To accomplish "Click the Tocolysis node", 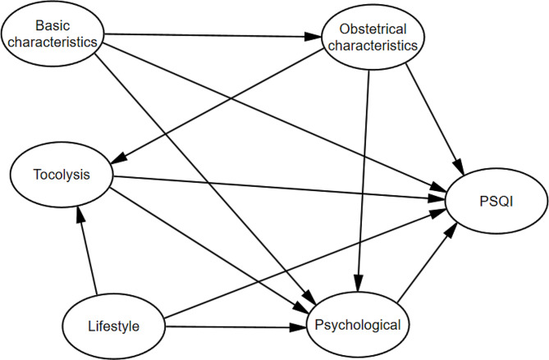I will pyautogui.click(x=61, y=175).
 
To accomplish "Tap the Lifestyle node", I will pyautogui.click(x=114, y=326).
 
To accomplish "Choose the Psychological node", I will pyautogui.click(x=357, y=325).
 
